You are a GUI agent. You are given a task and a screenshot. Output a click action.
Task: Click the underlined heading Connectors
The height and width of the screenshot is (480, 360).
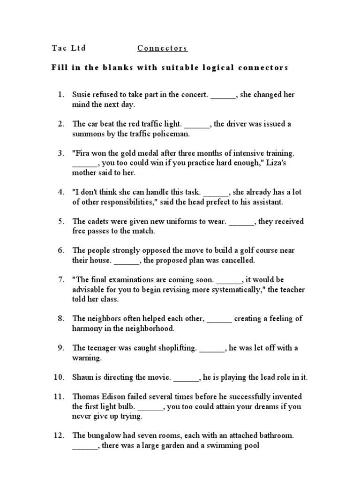[x=162, y=48]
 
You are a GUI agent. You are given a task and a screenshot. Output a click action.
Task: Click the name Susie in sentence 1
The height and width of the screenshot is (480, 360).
[x=81, y=95]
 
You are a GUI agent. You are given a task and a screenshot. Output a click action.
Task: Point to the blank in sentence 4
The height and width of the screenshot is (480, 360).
[x=216, y=193]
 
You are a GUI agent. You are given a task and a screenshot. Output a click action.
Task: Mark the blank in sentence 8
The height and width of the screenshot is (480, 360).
[x=219, y=319]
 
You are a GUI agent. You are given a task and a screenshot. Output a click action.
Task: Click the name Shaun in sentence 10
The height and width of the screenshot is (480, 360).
[x=83, y=377]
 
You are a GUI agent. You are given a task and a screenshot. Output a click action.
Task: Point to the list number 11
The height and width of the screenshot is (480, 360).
[x=58, y=397]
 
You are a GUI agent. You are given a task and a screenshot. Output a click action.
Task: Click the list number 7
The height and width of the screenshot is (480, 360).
[x=60, y=280]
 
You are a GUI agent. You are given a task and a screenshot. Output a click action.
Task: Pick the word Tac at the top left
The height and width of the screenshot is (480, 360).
[x=58, y=48]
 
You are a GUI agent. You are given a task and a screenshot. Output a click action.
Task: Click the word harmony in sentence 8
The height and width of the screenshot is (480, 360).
[x=87, y=329]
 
